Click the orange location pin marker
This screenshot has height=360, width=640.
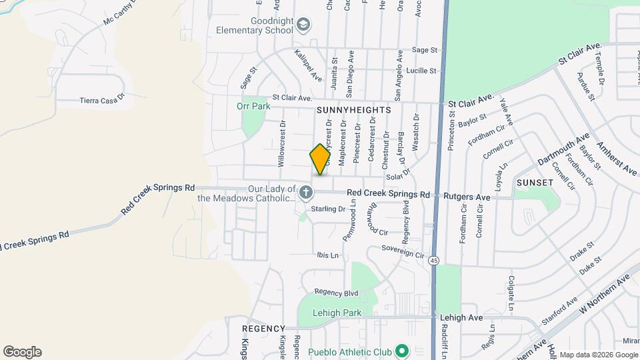[x=321, y=159]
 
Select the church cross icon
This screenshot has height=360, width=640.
[x=306, y=193]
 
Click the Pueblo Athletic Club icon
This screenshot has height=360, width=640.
[x=401, y=350]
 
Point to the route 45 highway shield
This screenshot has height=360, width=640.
[x=434, y=259]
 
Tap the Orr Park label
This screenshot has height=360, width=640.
[x=253, y=106]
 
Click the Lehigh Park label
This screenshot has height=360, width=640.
[x=337, y=313]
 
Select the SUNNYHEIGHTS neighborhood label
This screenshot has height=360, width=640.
[x=353, y=109]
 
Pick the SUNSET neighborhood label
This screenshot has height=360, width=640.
[x=535, y=182]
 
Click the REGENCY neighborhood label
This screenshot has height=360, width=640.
[x=263, y=329]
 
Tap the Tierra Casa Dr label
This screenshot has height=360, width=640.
[x=102, y=100]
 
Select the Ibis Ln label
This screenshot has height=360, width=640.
[x=327, y=255]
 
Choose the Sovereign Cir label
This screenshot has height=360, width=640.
[x=403, y=251]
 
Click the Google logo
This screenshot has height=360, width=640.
[x=22, y=352]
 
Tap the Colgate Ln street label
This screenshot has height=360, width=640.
[x=511, y=293]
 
